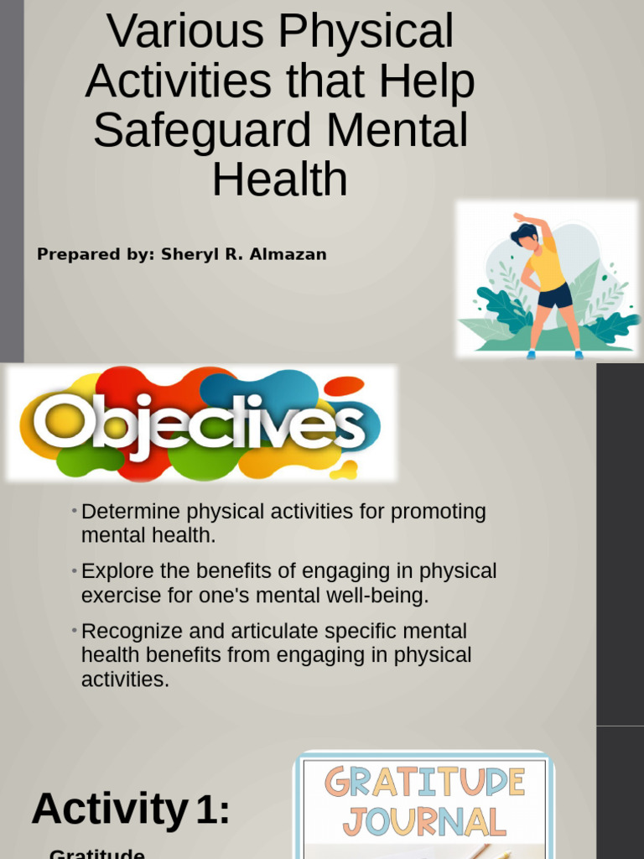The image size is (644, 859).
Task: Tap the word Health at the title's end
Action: click(279, 180)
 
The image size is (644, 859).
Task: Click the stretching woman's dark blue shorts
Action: click(554, 295)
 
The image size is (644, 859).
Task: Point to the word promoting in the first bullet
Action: click(439, 512)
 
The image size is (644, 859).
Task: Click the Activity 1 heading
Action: click(131, 810)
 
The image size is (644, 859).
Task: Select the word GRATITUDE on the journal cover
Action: click(424, 784)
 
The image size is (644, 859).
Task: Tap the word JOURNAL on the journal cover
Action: click(424, 822)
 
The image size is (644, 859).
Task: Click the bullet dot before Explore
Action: click(75, 570)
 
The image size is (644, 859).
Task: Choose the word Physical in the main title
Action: click(366, 33)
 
